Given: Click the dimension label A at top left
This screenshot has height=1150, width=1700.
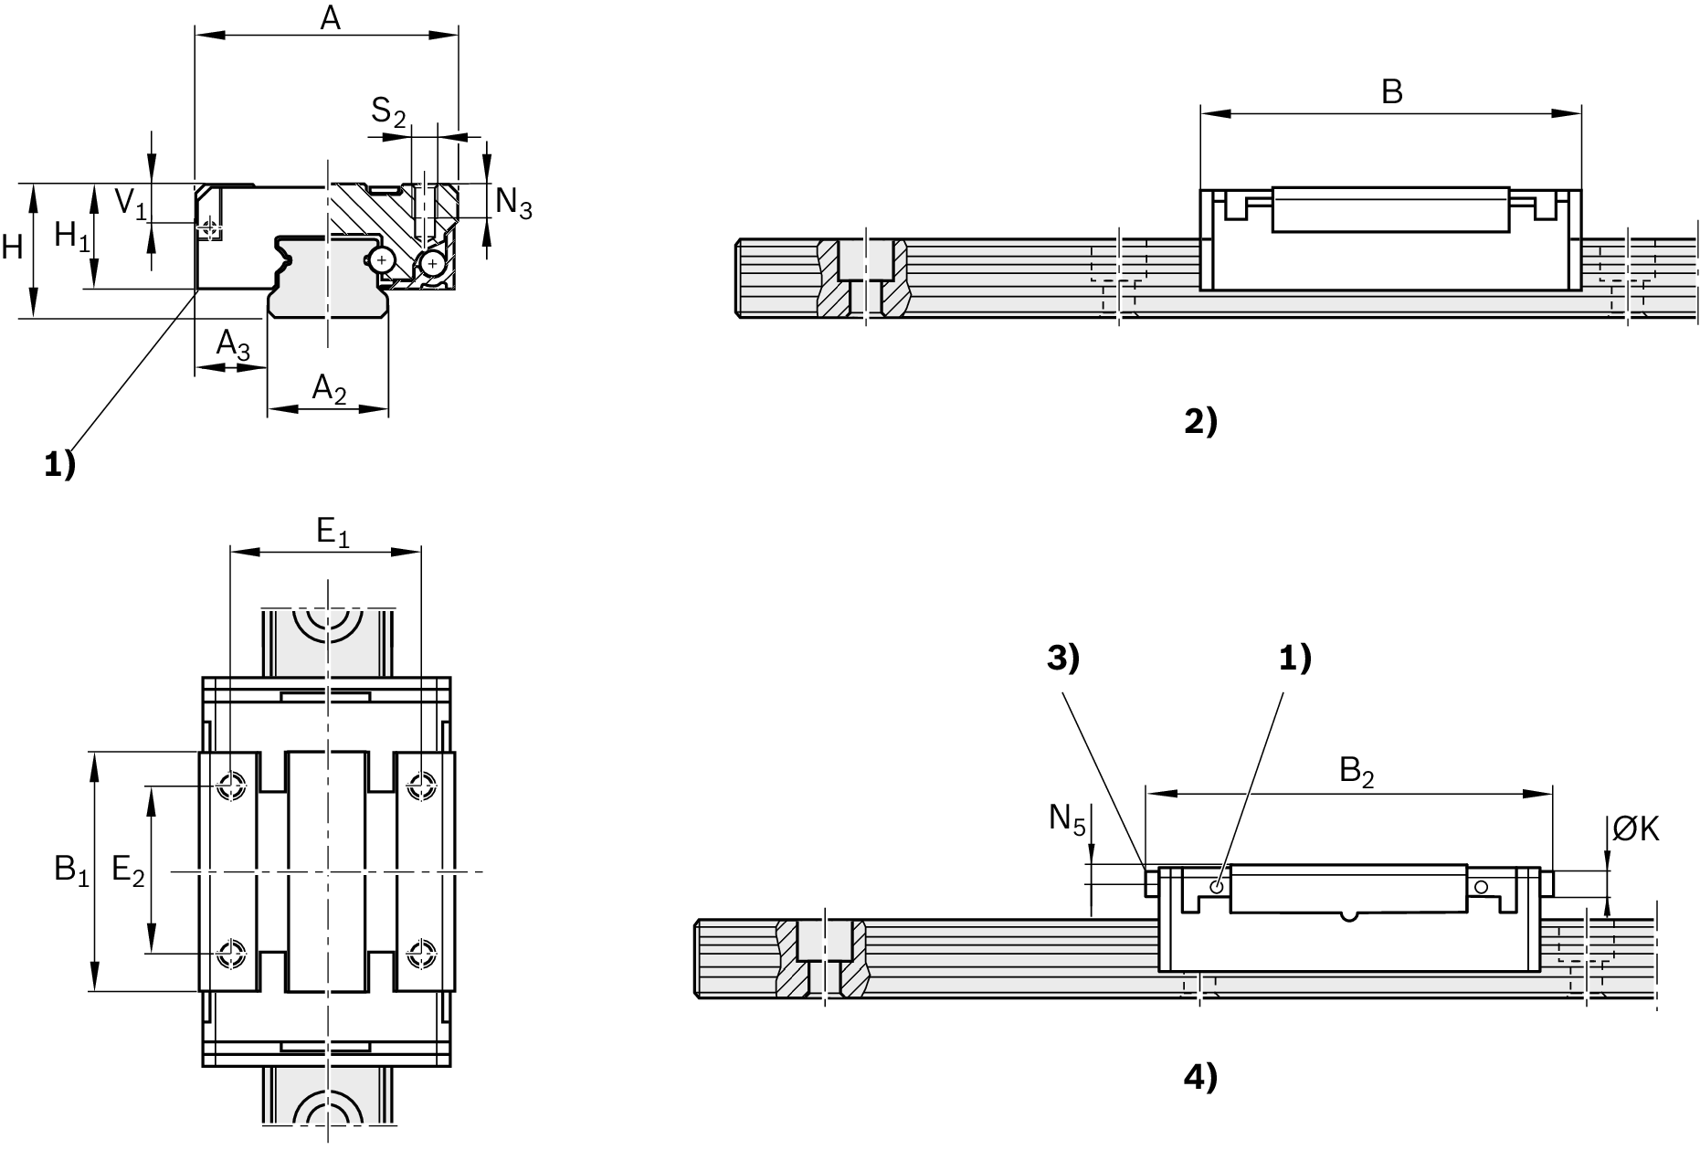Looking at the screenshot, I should (330, 17).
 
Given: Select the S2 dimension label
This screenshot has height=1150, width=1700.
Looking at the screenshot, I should (387, 112).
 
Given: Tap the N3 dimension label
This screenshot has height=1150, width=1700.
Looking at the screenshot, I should (513, 203).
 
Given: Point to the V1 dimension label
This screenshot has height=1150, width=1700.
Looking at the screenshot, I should (130, 203).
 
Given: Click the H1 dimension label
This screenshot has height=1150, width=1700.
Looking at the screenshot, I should (72, 237).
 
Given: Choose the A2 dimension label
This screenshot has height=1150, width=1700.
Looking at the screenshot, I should (329, 389).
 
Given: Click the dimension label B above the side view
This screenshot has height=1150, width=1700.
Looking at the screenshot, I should (1391, 92).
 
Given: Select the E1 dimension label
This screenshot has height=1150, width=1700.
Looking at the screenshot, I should (333, 533).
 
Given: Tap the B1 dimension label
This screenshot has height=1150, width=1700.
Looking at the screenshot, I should (71, 870).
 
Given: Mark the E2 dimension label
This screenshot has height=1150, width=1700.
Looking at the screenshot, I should (128, 870).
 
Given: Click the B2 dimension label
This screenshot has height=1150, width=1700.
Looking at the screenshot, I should (1357, 773).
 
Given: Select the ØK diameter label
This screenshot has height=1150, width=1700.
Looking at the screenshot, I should (1635, 828).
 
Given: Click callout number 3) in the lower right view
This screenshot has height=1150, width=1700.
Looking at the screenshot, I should (1062, 659).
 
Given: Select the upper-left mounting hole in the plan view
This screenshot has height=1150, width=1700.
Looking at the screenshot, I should (231, 785).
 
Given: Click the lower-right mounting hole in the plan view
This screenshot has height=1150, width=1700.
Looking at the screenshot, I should (420, 954).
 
